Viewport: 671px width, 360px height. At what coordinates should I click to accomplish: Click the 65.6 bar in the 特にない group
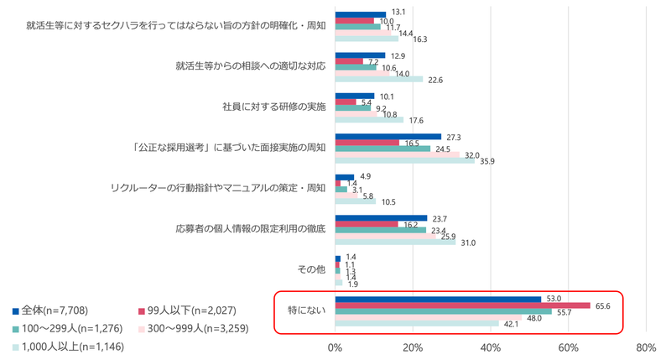click(462, 305)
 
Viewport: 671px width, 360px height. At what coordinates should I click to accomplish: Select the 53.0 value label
click(553, 298)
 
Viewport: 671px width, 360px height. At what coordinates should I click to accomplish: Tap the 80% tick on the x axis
click(646, 347)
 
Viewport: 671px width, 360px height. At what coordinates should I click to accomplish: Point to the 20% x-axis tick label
click(412, 347)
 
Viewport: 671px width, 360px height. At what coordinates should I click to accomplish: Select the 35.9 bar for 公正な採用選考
click(404, 162)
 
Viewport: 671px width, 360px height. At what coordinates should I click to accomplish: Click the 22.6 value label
click(436, 81)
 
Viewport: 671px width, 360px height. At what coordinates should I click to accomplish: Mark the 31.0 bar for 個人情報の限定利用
click(395, 243)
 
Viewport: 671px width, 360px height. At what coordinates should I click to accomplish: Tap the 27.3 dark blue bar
click(388, 136)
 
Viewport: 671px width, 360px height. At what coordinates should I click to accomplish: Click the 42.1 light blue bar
click(417, 324)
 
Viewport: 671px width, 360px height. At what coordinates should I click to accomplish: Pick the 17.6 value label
click(416, 120)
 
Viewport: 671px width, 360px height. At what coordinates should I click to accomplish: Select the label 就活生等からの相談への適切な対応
click(250, 65)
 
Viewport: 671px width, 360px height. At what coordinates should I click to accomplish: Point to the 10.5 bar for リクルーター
click(355, 201)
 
